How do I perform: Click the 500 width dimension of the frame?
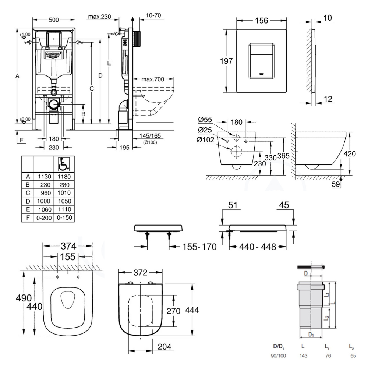click(x=54, y=19)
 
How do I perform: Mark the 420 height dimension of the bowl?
click(x=349, y=153)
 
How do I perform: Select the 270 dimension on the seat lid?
click(x=173, y=311)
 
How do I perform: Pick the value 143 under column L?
click(x=304, y=356)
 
